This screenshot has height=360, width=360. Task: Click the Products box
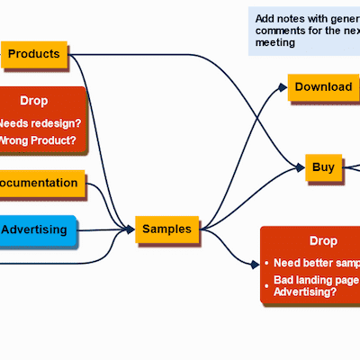point(33,54)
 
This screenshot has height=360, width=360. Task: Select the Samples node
point(166,229)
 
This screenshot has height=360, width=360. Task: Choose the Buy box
point(323,166)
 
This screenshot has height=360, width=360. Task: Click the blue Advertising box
point(36,229)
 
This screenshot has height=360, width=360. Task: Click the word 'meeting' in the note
point(275,42)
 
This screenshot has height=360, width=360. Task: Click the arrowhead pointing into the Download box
point(282,88)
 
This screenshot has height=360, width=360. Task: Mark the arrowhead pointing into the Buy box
point(300,167)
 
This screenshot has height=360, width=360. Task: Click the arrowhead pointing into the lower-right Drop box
point(255,265)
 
